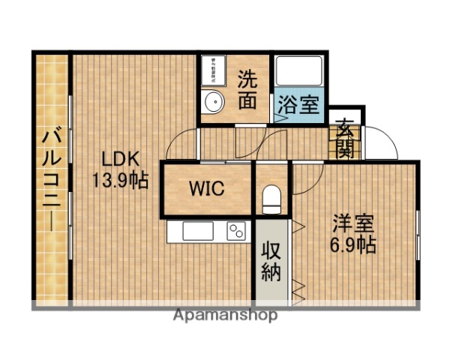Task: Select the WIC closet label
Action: [x=206, y=188]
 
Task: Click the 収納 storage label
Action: [x=271, y=261]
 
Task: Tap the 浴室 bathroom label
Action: [x=298, y=104]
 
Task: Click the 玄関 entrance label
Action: [x=346, y=137]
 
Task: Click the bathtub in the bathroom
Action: [x=298, y=71]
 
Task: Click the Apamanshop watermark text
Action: [x=225, y=315]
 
